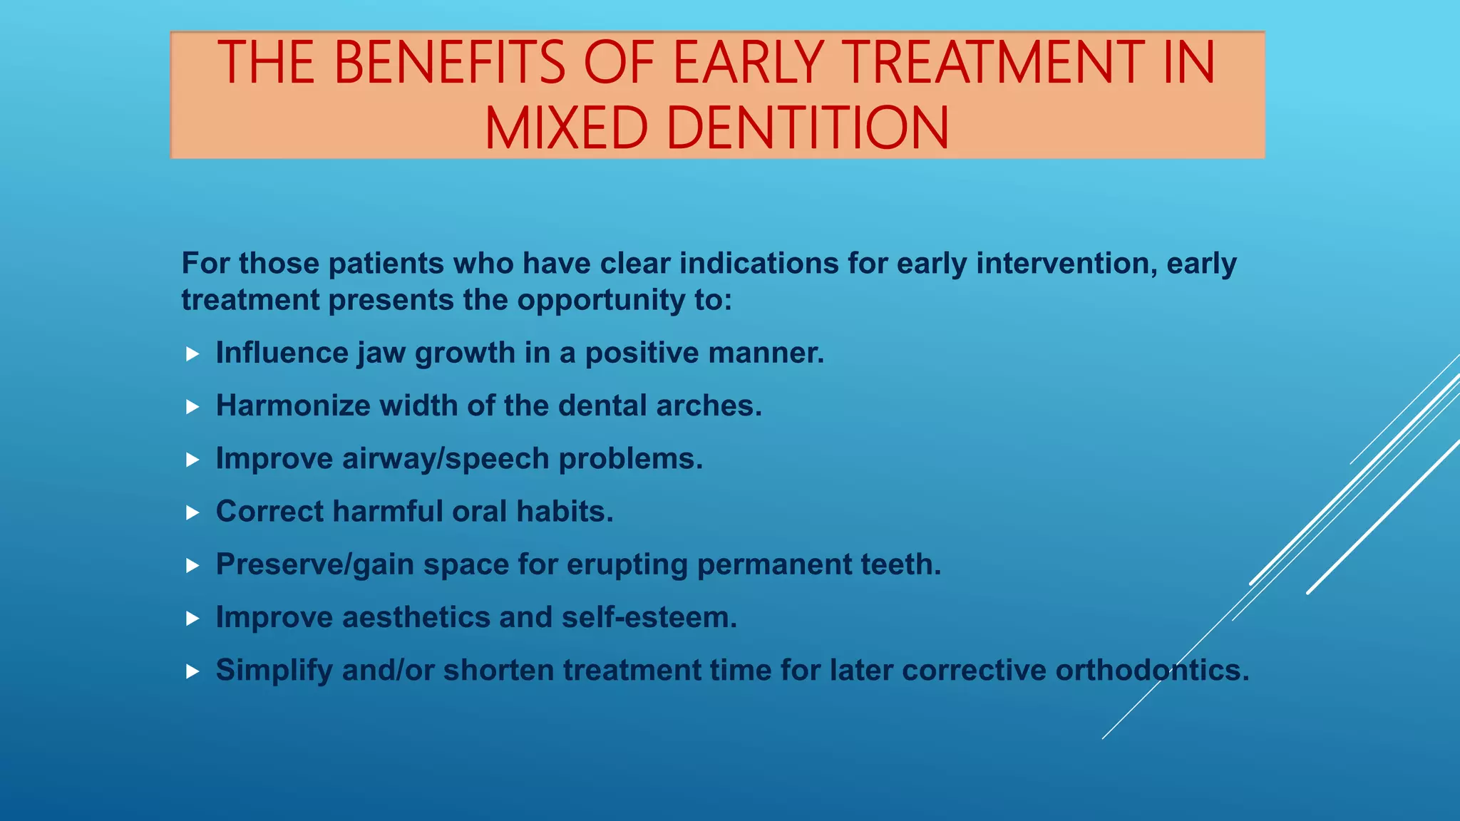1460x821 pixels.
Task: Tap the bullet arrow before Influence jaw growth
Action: tap(192, 354)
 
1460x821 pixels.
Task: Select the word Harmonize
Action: tap(293, 406)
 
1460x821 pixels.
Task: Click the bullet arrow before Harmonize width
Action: tap(192, 407)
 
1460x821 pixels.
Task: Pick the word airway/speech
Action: tap(446, 459)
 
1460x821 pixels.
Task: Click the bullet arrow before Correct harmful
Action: tap(192, 512)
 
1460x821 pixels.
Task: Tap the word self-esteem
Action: tap(649, 617)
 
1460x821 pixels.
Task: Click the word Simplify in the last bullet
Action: tap(274, 671)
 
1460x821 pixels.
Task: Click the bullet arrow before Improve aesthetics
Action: tap(192, 619)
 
